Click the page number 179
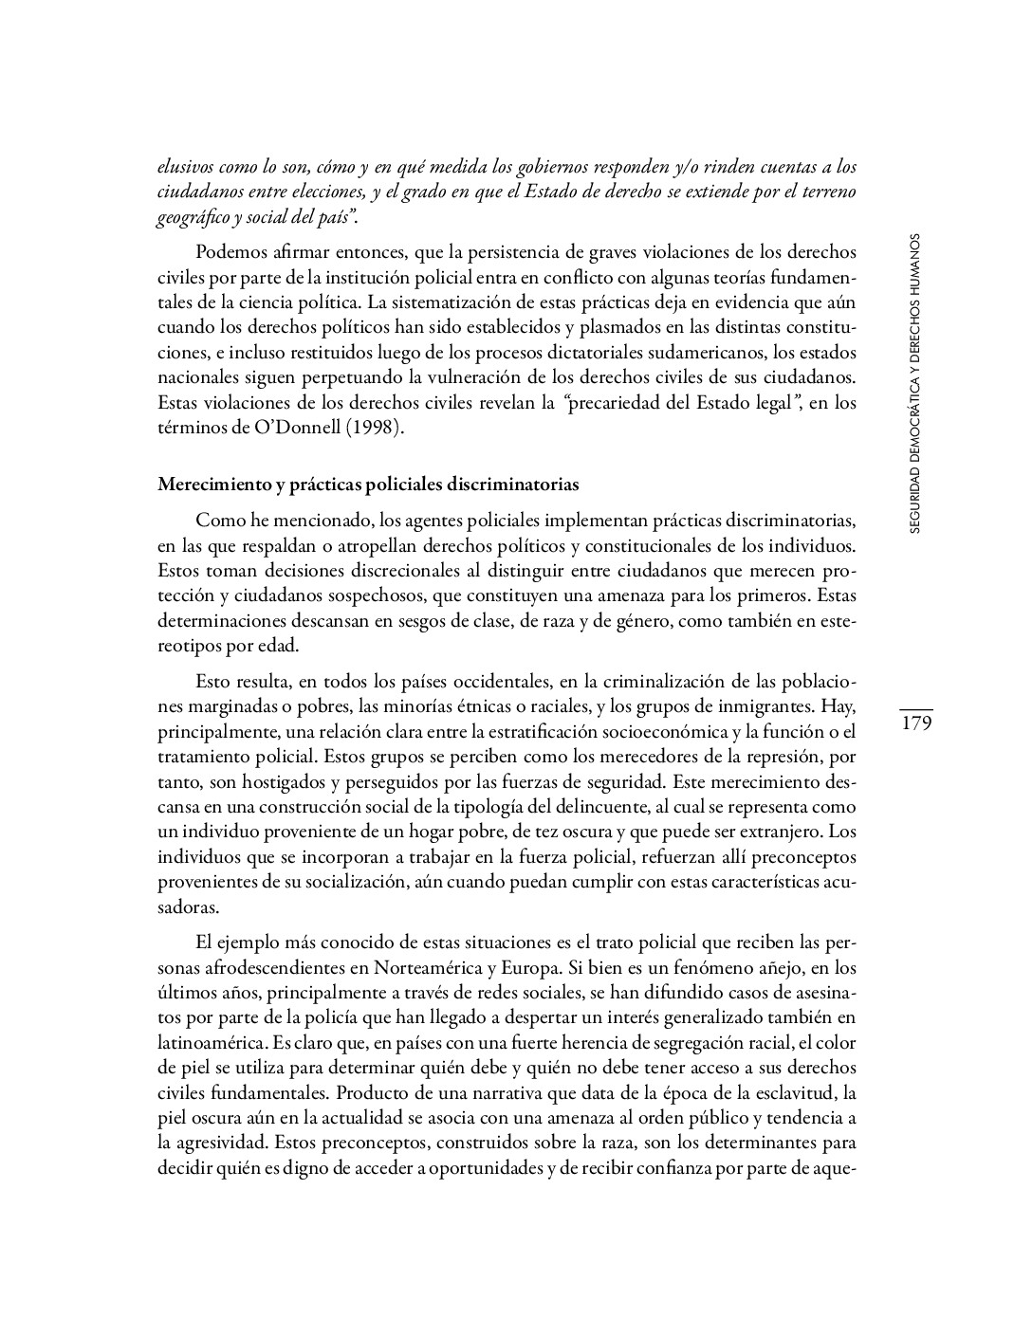pos(915,723)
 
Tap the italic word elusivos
pos(186,168)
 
